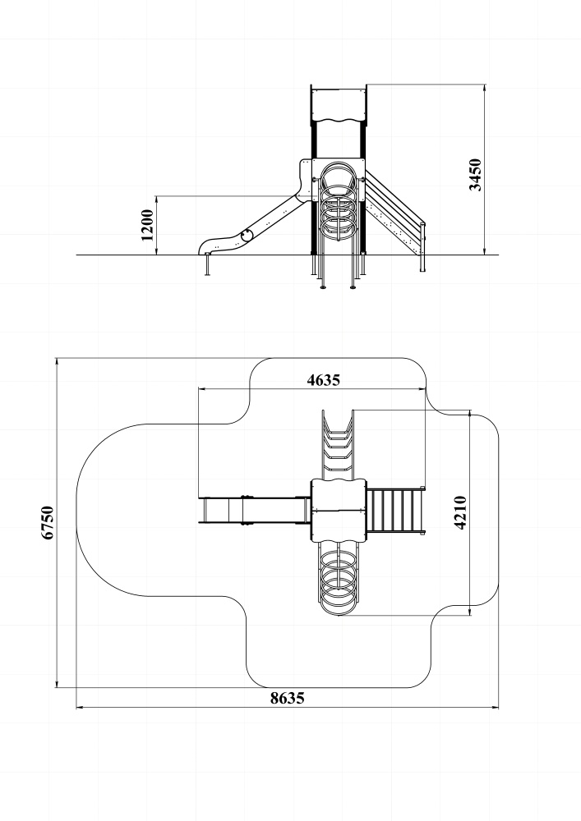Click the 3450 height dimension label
[476, 175]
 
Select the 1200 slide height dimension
[148, 225]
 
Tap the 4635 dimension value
[323, 379]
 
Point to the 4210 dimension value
[460, 512]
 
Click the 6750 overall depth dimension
[48, 522]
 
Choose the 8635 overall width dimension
[287, 698]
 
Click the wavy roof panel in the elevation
[338, 105]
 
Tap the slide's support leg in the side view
[207, 264]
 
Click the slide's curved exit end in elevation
[209, 245]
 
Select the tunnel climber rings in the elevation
[339, 202]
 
